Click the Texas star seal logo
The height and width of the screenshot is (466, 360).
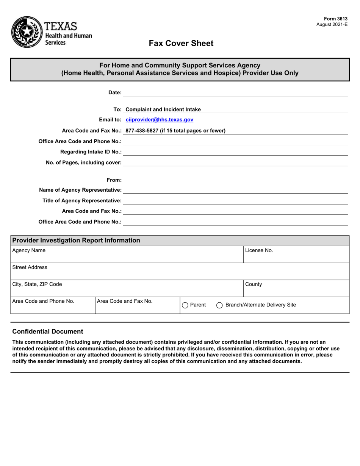tap(27, 32)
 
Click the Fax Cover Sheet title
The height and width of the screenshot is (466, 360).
tap(181, 43)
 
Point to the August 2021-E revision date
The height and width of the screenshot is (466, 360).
tap(332, 24)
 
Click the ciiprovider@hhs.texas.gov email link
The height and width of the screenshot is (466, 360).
tap(159, 120)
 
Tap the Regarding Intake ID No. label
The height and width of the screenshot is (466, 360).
tap(91, 152)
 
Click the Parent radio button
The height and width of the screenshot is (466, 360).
tap(185, 305)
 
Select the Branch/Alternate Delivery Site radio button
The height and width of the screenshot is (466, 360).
tap(219, 305)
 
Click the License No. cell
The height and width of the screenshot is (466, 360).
tap(296, 254)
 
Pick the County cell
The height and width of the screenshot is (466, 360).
tap(296, 288)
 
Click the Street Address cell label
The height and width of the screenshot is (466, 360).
tap(30, 267)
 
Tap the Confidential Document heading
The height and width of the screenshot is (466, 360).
tap(48, 332)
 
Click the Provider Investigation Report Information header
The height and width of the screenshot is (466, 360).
tap(76, 241)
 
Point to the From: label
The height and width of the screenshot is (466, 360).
tap(114, 180)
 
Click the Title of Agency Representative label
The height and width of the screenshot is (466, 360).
tap(82, 200)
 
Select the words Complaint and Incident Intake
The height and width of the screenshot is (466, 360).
tap(163, 109)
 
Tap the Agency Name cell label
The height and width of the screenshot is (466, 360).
tap(29, 250)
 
